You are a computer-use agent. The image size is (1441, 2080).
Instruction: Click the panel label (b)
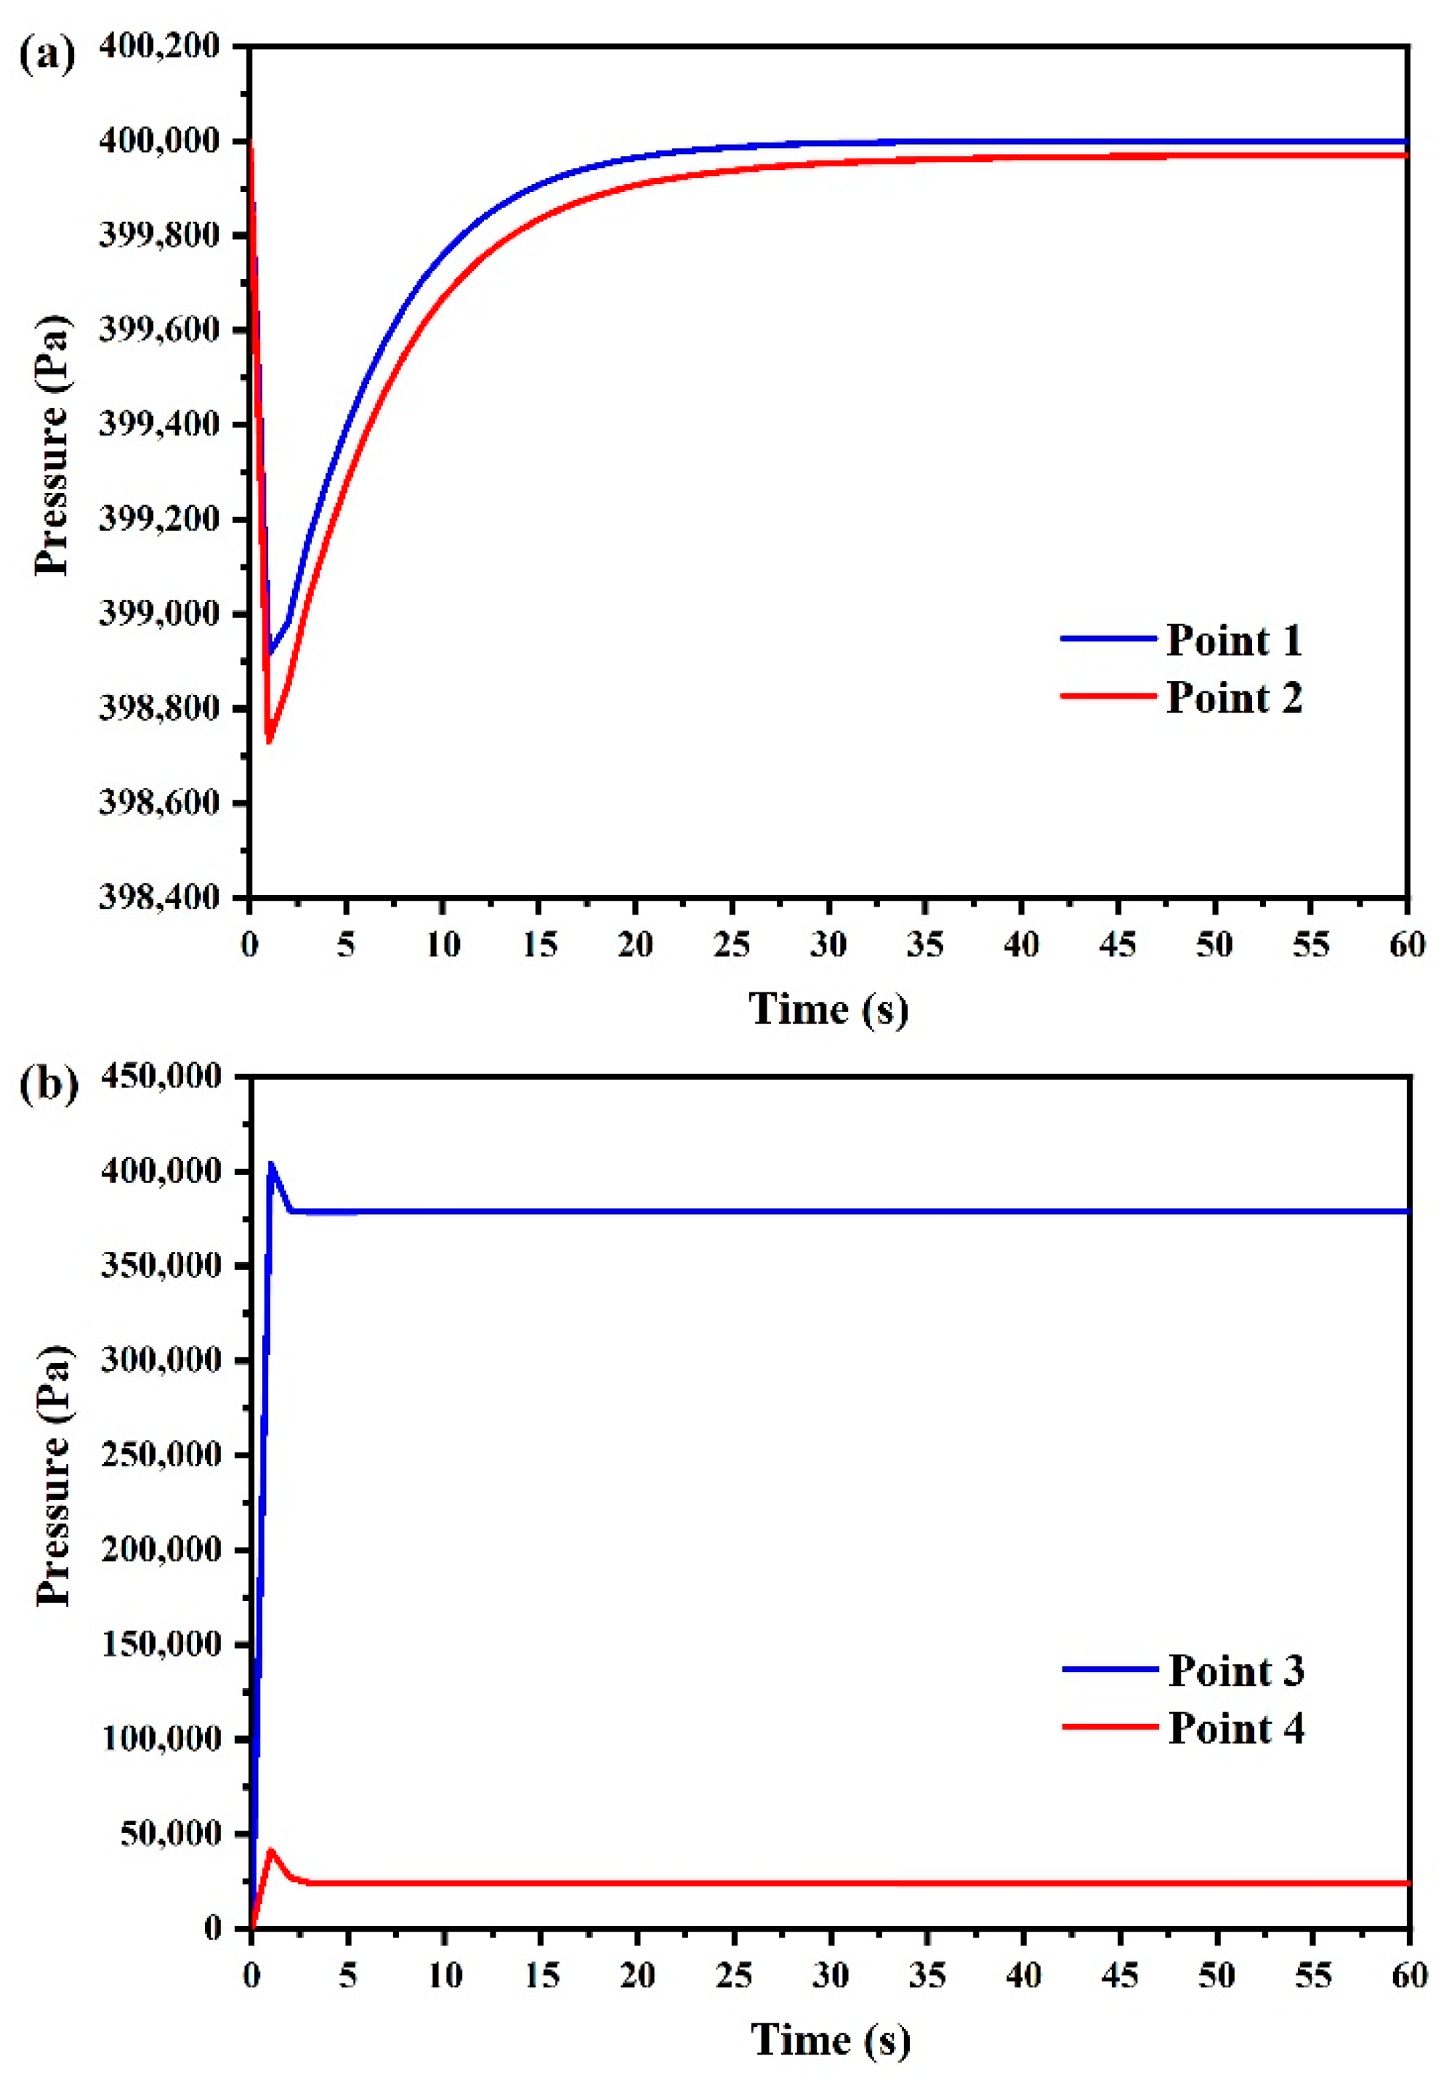tap(48, 1083)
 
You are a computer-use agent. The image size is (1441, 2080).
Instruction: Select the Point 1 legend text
tap(1233, 641)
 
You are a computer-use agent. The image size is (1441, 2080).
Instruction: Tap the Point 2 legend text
tap(1233, 698)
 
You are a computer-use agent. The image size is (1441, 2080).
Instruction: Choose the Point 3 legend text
tap(1235, 1670)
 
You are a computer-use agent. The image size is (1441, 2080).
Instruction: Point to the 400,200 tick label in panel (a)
tap(159, 45)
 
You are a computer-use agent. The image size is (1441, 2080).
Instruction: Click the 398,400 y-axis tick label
tap(159, 897)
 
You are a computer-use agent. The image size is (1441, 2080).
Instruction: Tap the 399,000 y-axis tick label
tap(159, 614)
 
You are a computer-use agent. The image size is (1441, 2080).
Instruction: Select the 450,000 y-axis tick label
tap(161, 1076)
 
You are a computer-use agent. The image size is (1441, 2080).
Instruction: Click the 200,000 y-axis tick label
tap(161, 1549)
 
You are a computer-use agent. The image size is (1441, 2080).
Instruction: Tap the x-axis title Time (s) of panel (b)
tap(830, 2039)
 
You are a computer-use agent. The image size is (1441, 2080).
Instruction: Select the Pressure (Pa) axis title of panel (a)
tap(52, 444)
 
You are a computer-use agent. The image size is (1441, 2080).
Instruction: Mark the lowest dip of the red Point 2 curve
tap(268, 742)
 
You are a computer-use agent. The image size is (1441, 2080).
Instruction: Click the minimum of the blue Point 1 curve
tap(269, 652)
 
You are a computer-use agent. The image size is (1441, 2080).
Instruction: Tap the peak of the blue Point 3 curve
tap(271, 1164)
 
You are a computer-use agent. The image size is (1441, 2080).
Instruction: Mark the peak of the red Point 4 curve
tap(271, 1849)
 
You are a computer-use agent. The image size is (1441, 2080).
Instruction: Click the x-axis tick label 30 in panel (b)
tap(830, 1975)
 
